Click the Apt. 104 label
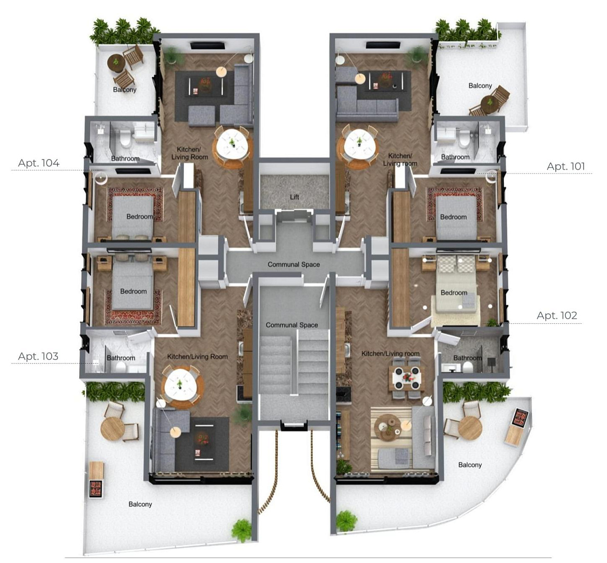(39, 163)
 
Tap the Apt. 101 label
(566, 166)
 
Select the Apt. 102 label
(556, 315)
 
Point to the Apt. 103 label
(38, 356)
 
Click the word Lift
(295, 197)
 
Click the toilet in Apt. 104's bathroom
(125, 138)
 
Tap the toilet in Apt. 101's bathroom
(464, 139)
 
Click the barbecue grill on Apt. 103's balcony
(96, 488)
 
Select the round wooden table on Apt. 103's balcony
(112, 429)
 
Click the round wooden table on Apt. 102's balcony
(470, 427)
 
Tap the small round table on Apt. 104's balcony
(115, 63)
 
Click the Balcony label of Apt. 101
(480, 85)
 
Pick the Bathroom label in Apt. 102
(468, 358)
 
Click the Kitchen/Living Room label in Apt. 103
(198, 357)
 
